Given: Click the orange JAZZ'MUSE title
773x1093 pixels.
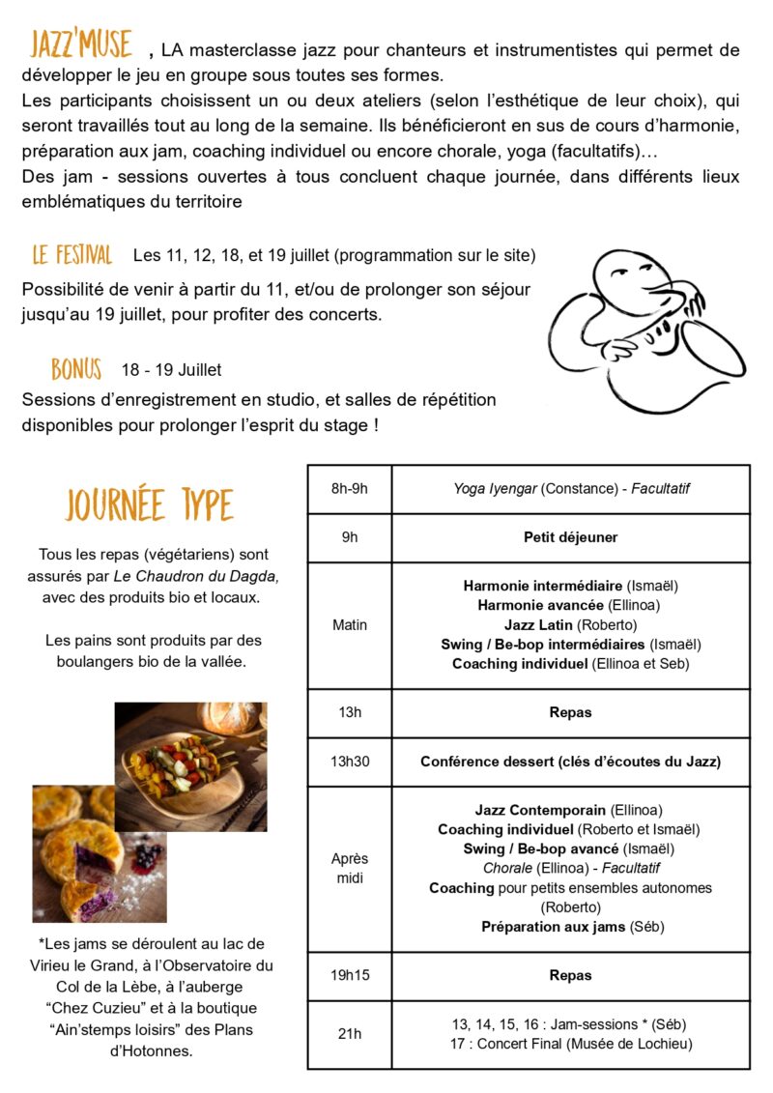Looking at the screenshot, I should (80, 44).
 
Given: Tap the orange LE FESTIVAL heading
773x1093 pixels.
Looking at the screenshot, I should (72, 255).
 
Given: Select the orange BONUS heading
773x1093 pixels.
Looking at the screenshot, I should (76, 369).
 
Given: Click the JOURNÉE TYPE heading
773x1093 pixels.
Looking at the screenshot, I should (150, 504).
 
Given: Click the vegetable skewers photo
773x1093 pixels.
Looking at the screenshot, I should (191, 766).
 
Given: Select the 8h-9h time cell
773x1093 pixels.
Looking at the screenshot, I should (349, 488).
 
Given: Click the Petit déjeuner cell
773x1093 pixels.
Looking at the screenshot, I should (570, 536).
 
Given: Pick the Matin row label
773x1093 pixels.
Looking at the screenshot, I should (349, 624).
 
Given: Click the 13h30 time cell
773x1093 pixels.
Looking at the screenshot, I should (349, 762).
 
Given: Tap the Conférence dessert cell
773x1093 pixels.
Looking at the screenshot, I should (570, 762).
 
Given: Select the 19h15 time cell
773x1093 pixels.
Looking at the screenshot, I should (349, 975).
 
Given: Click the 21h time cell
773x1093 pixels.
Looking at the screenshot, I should (349, 1033).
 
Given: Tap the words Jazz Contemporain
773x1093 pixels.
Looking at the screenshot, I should (540, 810).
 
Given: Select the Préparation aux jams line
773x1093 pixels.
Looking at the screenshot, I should (570, 927).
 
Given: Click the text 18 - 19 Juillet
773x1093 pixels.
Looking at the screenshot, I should (171, 370).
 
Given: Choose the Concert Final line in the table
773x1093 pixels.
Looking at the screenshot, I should (571, 1043).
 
